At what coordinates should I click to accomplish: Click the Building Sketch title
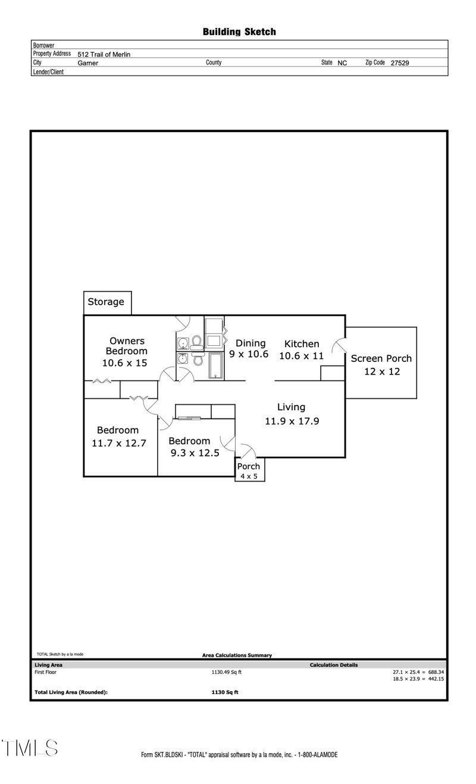239,32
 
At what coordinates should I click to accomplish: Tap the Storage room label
106,302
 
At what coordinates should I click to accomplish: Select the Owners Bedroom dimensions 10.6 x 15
124,363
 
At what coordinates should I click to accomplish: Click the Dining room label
250,343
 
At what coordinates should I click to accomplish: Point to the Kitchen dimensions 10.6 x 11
301,355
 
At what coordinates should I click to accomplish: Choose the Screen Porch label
381,358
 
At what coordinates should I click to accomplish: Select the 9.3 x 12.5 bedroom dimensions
194,452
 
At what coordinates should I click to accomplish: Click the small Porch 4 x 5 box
249,470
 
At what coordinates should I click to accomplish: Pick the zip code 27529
400,63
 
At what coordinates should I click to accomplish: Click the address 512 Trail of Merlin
104,54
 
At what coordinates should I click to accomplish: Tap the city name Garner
87,63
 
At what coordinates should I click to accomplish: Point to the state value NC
342,63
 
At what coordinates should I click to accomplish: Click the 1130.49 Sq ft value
227,672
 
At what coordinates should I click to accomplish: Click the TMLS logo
29,748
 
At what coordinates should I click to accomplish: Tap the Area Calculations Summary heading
237,655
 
